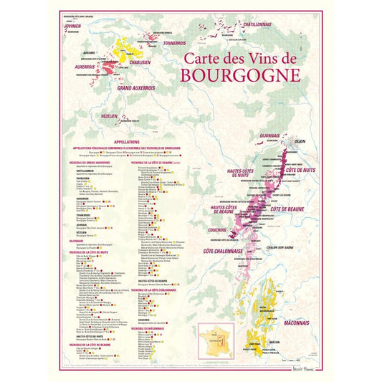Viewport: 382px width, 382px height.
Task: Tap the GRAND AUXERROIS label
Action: coord(136,87)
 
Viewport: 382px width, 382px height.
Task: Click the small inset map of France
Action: coord(216,340)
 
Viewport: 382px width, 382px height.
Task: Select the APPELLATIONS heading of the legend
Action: coord(127,142)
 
